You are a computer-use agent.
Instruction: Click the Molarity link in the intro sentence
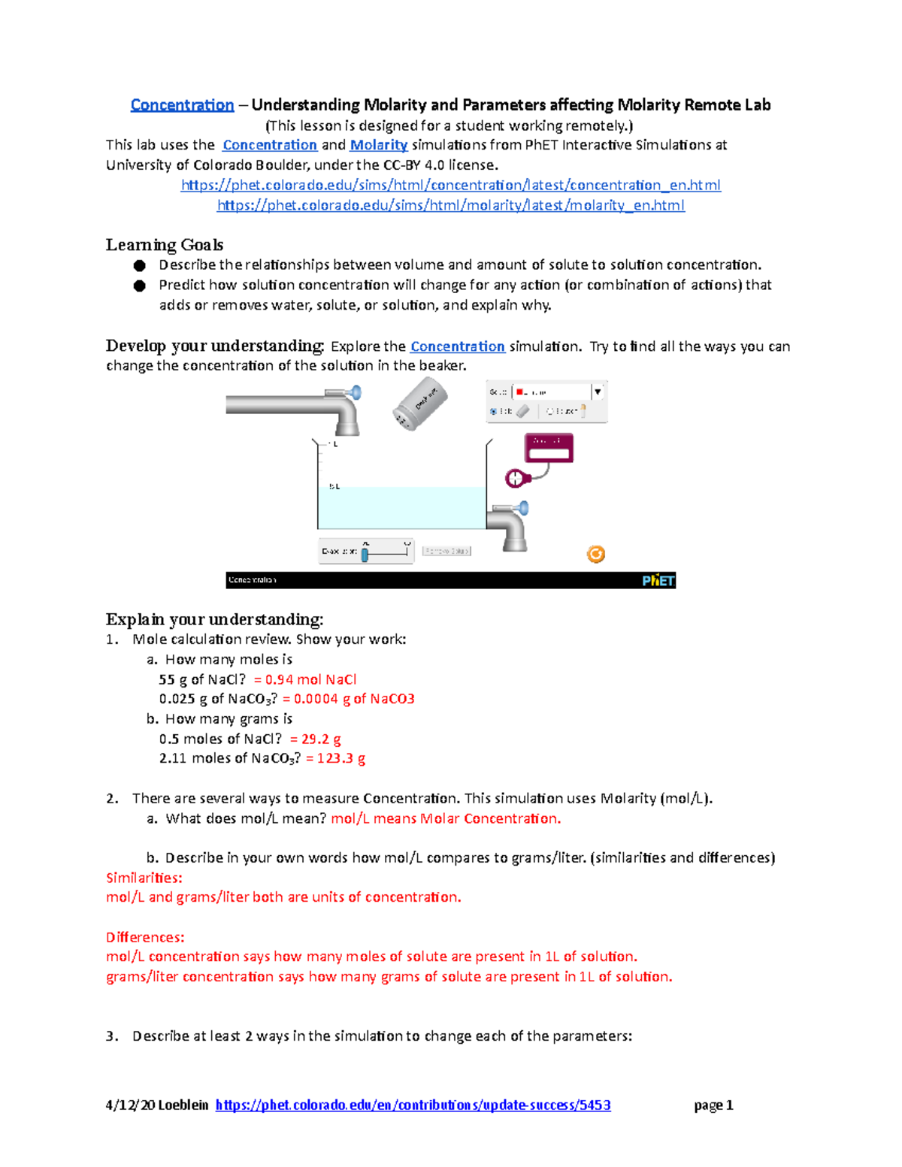(x=379, y=145)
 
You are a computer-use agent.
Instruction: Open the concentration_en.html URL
(x=451, y=185)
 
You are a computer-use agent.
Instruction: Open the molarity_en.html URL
(x=451, y=205)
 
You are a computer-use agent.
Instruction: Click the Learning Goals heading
(x=165, y=245)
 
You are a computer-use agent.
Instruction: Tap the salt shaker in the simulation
(x=419, y=404)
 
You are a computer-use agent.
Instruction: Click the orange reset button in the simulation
(x=596, y=555)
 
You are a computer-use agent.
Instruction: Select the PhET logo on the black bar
(x=658, y=580)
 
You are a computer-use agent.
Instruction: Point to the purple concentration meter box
(x=549, y=448)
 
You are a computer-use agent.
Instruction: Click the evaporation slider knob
(x=365, y=555)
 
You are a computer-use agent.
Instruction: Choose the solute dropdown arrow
(x=598, y=392)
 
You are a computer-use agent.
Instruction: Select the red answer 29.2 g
(x=316, y=739)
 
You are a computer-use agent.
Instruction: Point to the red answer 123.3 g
(x=336, y=758)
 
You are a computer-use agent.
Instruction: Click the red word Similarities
(x=144, y=878)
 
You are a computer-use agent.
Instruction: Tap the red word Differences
(x=145, y=937)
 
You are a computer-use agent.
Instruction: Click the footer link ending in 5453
(x=413, y=1105)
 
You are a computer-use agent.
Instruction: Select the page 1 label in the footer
(x=713, y=1105)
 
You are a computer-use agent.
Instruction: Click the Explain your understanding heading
(x=214, y=619)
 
